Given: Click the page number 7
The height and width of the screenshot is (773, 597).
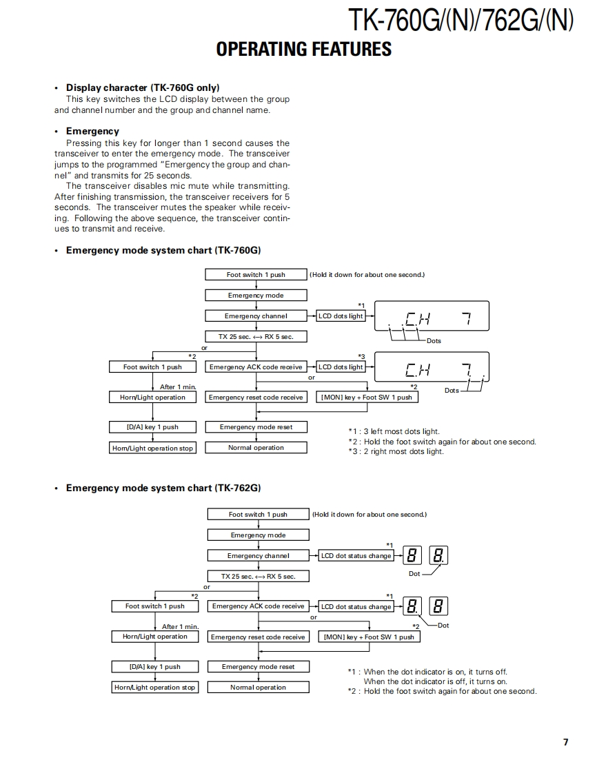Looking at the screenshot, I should pyautogui.click(x=565, y=742).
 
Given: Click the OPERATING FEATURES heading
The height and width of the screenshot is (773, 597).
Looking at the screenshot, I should pyautogui.click(x=303, y=49).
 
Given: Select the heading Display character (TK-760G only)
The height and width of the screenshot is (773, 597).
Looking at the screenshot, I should pyautogui.click(x=143, y=87).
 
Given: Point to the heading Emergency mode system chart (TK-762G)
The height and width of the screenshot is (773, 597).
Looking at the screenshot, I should pyautogui.click(x=163, y=488).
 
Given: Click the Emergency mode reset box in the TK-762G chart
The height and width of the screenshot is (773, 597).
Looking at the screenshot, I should pyautogui.click(x=258, y=667).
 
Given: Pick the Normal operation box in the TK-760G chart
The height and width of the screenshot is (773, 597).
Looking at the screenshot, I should pyautogui.click(x=256, y=448).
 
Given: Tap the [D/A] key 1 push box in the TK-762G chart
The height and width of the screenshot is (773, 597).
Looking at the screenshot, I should pyautogui.click(x=154, y=667).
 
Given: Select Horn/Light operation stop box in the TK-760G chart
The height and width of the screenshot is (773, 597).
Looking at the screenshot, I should pyautogui.click(x=152, y=449).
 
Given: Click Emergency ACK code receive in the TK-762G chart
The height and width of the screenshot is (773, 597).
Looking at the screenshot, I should pyautogui.click(x=258, y=606).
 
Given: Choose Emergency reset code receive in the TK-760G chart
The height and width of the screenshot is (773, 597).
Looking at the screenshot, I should pyautogui.click(x=256, y=398).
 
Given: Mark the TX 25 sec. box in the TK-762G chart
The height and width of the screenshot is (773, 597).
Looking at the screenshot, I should pyautogui.click(x=258, y=577).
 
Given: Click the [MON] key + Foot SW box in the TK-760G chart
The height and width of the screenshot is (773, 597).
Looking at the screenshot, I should pyautogui.click(x=367, y=398).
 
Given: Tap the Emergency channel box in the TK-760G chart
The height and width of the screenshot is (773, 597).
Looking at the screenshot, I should pyautogui.click(x=256, y=316).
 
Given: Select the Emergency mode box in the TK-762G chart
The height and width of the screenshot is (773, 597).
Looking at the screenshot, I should pyautogui.click(x=258, y=535).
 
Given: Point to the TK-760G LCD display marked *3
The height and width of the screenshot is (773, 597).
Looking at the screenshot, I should pyautogui.click(x=432, y=369).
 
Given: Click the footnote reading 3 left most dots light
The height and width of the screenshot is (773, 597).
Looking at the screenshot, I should pyautogui.click(x=394, y=431).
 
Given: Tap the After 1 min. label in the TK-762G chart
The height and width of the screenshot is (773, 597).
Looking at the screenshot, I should pyautogui.click(x=180, y=627).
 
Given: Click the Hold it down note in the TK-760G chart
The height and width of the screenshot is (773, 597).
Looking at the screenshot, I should pyautogui.click(x=367, y=275).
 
